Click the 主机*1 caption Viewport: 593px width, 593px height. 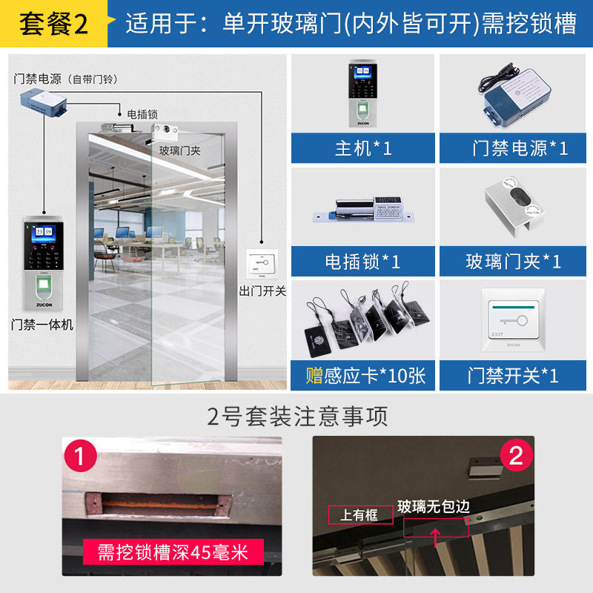tap(363, 148)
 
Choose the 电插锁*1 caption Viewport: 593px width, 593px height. tap(363, 262)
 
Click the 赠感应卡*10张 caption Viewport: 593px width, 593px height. tap(363, 375)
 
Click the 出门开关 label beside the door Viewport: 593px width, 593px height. tap(262, 291)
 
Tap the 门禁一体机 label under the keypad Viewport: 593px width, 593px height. tap(43, 324)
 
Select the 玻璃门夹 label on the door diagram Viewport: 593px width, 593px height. tap(180, 150)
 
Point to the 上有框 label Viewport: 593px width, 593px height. tap(359, 514)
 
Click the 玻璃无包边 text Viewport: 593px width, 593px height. tap(434, 507)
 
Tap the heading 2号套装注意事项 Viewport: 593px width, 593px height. tap(296, 416)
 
